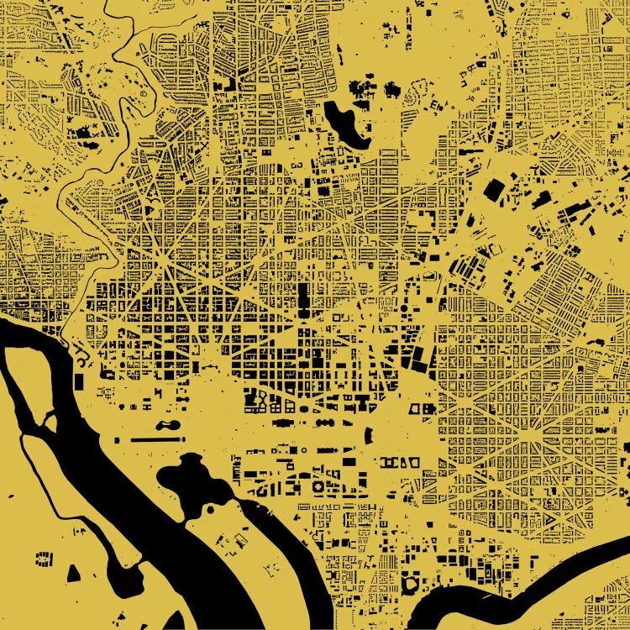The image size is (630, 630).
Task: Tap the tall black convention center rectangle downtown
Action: pos(302,298)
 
